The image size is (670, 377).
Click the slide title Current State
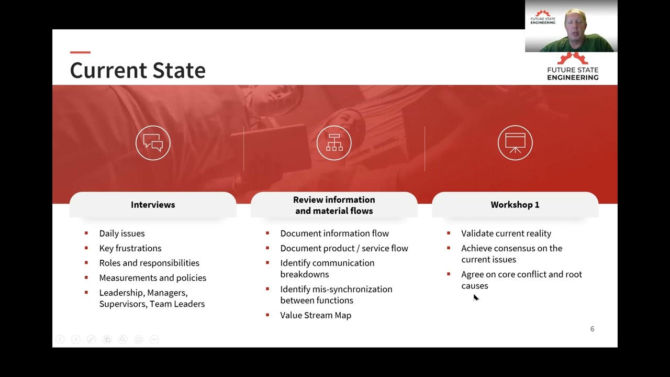[138, 71]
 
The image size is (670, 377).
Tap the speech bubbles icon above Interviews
[153, 143]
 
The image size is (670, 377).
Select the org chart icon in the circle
[334, 143]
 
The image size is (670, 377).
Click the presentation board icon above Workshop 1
[515, 143]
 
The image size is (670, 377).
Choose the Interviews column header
[153, 205]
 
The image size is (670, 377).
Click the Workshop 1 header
[515, 205]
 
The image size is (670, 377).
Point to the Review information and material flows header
[334, 205]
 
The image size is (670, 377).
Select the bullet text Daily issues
[122, 234]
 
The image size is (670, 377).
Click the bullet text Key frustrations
[130, 248]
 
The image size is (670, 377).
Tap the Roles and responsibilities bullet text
[149, 263]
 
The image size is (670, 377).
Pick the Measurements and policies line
[153, 278]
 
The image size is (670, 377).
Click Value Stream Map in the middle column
[316, 315]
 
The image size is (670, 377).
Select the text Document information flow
[334, 234]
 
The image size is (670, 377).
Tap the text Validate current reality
[506, 234]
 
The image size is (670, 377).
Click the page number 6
[592, 329]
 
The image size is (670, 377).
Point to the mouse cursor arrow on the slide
[475, 297]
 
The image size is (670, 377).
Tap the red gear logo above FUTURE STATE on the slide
[573, 59]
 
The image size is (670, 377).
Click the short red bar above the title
[80, 52]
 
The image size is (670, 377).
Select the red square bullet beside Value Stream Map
[267, 315]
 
